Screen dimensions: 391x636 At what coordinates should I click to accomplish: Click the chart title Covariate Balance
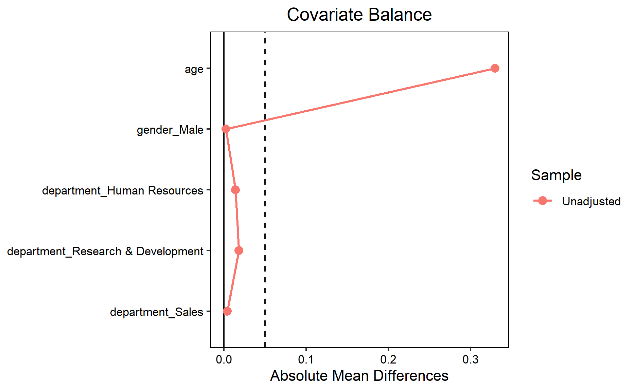359,15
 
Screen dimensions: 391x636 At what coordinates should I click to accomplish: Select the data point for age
495,68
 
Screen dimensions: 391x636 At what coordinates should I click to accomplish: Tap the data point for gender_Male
226,129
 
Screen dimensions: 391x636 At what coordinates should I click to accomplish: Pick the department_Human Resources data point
235,190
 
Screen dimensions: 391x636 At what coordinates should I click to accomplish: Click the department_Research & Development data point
239,250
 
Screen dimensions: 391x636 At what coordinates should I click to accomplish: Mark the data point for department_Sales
227,311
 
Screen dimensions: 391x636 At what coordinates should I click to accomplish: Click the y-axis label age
194,69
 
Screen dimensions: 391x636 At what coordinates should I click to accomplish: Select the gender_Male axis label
170,130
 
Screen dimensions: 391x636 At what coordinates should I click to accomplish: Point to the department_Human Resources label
122,191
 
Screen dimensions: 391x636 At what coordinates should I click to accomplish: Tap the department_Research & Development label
105,252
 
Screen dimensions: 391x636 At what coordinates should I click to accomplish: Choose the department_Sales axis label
156,312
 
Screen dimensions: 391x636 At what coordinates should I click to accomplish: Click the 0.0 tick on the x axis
224,359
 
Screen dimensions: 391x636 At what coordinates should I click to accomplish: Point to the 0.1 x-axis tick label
306,359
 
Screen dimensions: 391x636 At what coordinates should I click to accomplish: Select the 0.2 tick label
388,359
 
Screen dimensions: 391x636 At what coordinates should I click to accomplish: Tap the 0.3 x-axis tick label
470,359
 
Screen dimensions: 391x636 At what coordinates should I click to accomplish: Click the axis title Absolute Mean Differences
359,376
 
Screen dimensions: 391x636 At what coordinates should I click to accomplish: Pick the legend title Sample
556,175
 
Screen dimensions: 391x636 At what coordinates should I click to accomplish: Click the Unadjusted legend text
591,201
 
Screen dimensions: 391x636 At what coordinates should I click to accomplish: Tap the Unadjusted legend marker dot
543,201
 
